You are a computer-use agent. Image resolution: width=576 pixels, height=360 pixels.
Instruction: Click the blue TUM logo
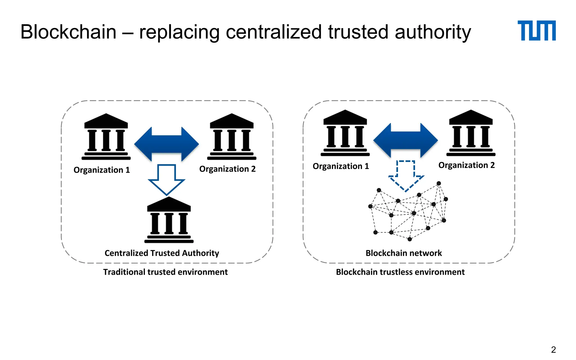point(536,31)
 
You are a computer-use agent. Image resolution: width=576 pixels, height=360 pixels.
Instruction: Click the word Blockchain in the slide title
point(68,32)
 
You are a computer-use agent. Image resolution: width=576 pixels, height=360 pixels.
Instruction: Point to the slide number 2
point(553,350)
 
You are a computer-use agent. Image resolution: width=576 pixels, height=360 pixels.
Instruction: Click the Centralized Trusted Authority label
point(162,253)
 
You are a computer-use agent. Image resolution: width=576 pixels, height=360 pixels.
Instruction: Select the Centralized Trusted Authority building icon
point(169,220)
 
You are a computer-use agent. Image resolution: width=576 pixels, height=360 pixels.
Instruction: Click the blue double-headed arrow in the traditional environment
point(166,144)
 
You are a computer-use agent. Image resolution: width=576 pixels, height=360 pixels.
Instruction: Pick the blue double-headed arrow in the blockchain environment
point(406,140)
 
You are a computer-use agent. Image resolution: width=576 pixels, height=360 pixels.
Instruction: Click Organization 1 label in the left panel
point(102,170)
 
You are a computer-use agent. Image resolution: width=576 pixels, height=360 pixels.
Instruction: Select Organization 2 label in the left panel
point(227,169)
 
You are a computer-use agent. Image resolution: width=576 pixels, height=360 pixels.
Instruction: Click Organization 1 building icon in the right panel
point(345,133)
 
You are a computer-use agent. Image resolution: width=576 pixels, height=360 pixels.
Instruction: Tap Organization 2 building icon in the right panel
point(471,133)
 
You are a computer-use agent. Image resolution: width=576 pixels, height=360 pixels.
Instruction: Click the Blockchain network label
point(404,253)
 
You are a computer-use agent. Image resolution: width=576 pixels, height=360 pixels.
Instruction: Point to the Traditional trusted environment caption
point(165,272)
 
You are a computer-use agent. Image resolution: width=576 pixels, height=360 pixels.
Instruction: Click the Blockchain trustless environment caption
point(400,272)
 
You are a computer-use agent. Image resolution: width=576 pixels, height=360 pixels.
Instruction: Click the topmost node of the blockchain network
point(439,183)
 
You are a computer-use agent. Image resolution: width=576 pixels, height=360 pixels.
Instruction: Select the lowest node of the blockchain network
point(409,239)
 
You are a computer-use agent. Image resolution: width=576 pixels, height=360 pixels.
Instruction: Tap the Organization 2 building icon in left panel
point(232,137)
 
